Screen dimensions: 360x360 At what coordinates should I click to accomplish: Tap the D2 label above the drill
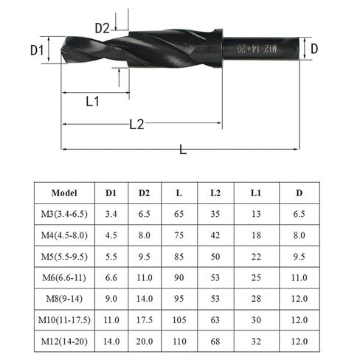103,28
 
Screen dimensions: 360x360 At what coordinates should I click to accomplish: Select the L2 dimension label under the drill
136,125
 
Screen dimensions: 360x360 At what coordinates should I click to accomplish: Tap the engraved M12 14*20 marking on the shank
253,49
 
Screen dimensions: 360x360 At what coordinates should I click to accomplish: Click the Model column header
69,193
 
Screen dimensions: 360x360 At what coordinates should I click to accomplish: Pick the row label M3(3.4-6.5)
69,215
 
